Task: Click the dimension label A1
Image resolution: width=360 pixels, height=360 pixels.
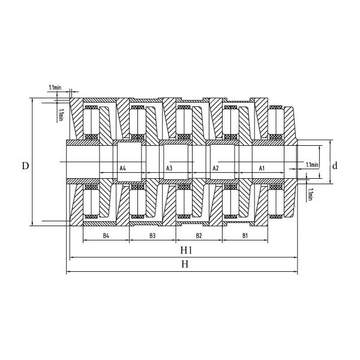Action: (x=262, y=169)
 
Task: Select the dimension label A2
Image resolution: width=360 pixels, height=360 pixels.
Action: (x=215, y=169)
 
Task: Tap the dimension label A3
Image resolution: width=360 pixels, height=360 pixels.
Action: (x=169, y=169)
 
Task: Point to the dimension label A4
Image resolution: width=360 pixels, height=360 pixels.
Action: (x=122, y=169)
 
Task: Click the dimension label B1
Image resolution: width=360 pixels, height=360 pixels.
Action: (x=245, y=236)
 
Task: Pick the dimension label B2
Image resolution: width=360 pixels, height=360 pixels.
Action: (x=199, y=236)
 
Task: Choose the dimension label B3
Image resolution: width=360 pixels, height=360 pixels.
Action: (x=152, y=236)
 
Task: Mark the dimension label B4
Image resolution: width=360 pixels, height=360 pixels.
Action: (x=106, y=236)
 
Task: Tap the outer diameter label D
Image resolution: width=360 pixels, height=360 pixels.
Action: (x=25, y=165)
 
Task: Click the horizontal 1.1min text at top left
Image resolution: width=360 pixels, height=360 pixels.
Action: (x=54, y=88)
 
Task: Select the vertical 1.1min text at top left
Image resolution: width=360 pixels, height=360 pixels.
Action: (x=61, y=113)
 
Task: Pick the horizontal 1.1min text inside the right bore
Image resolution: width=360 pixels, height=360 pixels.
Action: (x=312, y=165)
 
